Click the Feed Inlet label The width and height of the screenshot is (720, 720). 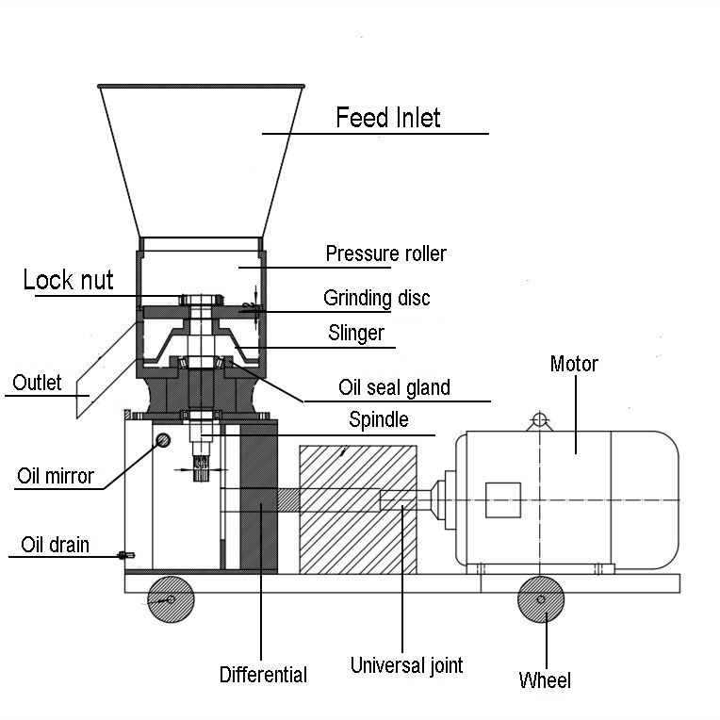[x=388, y=118]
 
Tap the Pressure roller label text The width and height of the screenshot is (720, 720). [x=385, y=254]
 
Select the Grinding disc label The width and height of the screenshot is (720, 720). [x=377, y=298]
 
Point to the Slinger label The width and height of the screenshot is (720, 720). [x=356, y=333]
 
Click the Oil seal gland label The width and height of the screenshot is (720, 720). [x=394, y=387]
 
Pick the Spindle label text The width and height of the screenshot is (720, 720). [x=378, y=419]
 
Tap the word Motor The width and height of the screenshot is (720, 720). [x=574, y=364]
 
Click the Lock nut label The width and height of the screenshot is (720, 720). [x=68, y=280]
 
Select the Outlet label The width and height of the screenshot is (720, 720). [x=37, y=383]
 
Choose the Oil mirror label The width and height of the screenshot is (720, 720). [x=56, y=476]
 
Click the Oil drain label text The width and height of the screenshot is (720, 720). [x=55, y=545]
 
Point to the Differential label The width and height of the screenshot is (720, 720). [x=263, y=675]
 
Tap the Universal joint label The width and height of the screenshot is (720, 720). [x=406, y=665]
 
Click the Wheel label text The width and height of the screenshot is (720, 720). [x=545, y=680]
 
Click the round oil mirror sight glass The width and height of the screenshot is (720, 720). [x=163, y=440]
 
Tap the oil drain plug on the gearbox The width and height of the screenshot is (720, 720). [x=126, y=556]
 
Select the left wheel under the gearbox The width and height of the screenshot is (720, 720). [x=171, y=599]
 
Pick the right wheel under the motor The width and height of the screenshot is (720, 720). [x=541, y=599]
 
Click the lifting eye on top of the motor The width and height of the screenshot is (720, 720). [x=540, y=420]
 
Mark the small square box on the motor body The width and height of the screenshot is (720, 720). [x=503, y=500]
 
